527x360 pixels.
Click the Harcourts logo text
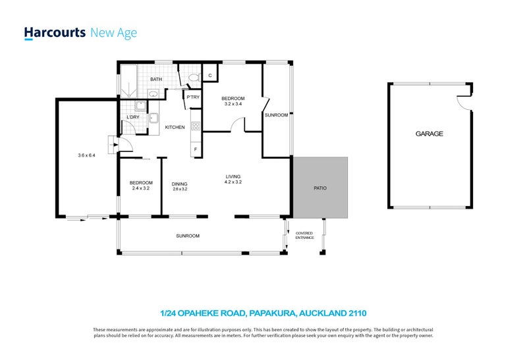[x=55, y=32]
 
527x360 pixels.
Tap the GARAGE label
[x=429, y=134]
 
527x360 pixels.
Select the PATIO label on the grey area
[x=319, y=188]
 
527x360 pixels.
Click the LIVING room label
[x=233, y=176]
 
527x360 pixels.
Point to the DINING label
[x=180, y=184]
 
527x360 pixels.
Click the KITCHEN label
[x=174, y=127]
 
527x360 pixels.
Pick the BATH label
[x=155, y=80]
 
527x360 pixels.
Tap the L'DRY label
[x=132, y=118]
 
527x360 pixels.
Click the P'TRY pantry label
[x=193, y=98]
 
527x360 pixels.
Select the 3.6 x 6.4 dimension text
[x=87, y=155]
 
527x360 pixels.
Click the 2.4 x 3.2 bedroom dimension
[x=141, y=189]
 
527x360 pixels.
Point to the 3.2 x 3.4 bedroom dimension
[x=233, y=104]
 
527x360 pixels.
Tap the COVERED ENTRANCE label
[x=304, y=235]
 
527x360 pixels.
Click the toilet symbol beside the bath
[x=192, y=78]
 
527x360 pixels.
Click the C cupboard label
[x=209, y=76]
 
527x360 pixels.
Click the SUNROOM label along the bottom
[x=188, y=236]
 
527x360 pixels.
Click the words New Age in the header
[x=113, y=32]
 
